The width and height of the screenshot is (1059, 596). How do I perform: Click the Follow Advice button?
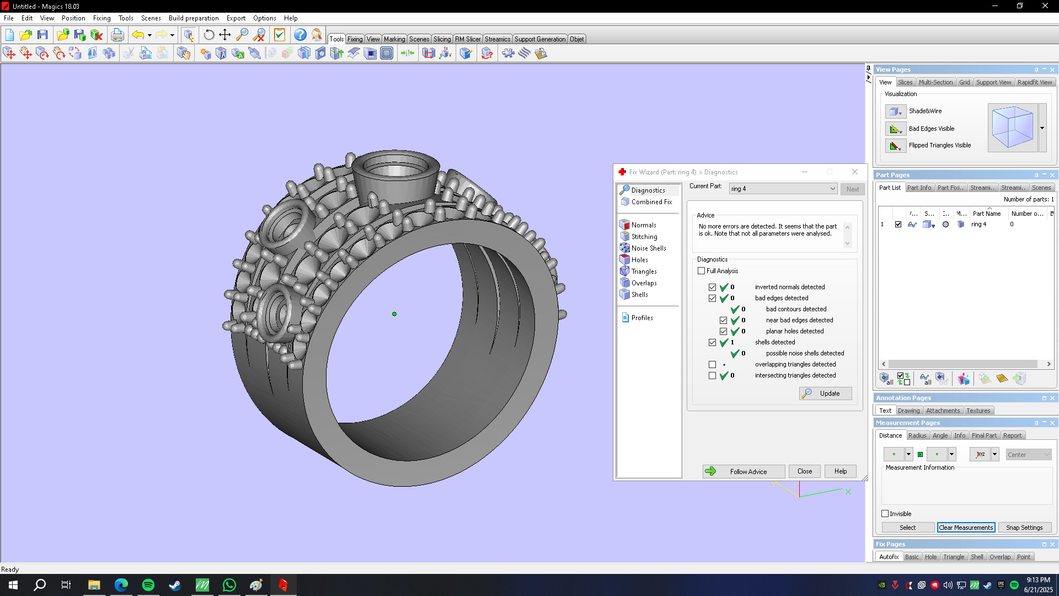pyautogui.click(x=743, y=471)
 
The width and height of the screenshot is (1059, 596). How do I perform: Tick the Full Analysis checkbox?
pyautogui.click(x=702, y=271)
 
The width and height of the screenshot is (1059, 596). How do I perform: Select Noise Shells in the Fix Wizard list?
pyautogui.click(x=648, y=248)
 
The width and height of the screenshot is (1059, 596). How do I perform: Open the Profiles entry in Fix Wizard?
pyautogui.click(x=641, y=318)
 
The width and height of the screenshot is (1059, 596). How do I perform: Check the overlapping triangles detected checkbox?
pyautogui.click(x=712, y=364)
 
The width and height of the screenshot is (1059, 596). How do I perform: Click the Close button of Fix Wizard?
pyautogui.click(x=804, y=471)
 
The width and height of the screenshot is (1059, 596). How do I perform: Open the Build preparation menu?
pyautogui.click(x=193, y=18)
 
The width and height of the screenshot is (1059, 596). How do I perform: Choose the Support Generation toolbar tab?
pyautogui.click(x=539, y=39)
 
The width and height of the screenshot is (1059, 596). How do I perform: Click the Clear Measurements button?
pyautogui.click(x=965, y=528)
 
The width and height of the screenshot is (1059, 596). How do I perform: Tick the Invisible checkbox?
pyautogui.click(x=885, y=514)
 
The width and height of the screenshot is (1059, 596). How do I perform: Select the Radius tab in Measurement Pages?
pyautogui.click(x=917, y=435)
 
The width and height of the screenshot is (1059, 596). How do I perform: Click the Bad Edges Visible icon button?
pyautogui.click(x=895, y=129)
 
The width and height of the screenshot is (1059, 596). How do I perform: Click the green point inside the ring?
pyautogui.click(x=394, y=314)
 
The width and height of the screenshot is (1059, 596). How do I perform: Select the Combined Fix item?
pyautogui.click(x=651, y=202)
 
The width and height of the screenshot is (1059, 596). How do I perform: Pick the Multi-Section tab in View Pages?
pyautogui.click(x=935, y=82)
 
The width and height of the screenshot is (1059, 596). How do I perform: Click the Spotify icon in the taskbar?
pyautogui.click(x=148, y=585)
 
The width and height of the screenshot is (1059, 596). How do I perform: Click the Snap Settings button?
pyautogui.click(x=1024, y=528)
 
